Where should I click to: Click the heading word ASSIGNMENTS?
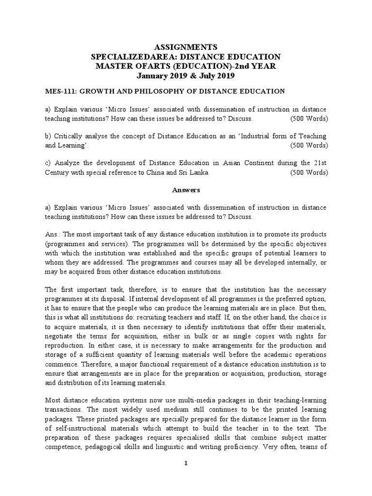pos(186,47)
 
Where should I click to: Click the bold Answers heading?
pos(186,190)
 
